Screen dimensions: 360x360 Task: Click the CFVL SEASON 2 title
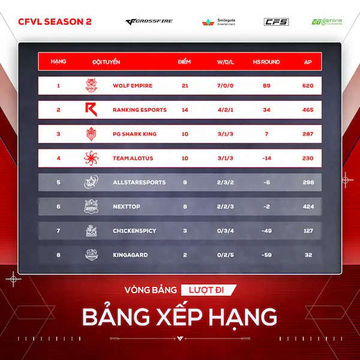pos(55,22)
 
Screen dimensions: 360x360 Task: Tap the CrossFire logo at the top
pos(149,22)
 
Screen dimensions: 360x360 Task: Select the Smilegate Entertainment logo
pos(218,22)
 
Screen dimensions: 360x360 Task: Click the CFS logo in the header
pos(276,22)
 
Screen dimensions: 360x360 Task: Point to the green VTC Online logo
pos(327,22)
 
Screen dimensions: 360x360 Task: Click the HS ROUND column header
pos(266,62)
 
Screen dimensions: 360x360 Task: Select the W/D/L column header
pos(225,62)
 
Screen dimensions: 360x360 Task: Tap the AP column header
pos(308,62)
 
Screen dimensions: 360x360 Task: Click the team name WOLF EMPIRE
pos(133,86)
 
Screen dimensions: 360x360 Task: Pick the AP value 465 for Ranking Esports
pos(308,110)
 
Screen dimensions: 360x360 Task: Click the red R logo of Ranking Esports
pos(91,110)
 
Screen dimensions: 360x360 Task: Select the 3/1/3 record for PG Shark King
pos(225,134)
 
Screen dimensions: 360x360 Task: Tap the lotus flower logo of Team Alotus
pos(91,158)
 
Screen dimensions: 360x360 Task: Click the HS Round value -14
pos(266,158)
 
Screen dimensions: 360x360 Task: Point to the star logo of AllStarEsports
pos(91,182)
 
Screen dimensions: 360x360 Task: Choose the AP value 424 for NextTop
pos(308,206)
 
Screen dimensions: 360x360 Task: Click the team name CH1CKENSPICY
pos(134,230)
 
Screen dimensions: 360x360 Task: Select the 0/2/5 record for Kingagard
pos(226,255)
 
